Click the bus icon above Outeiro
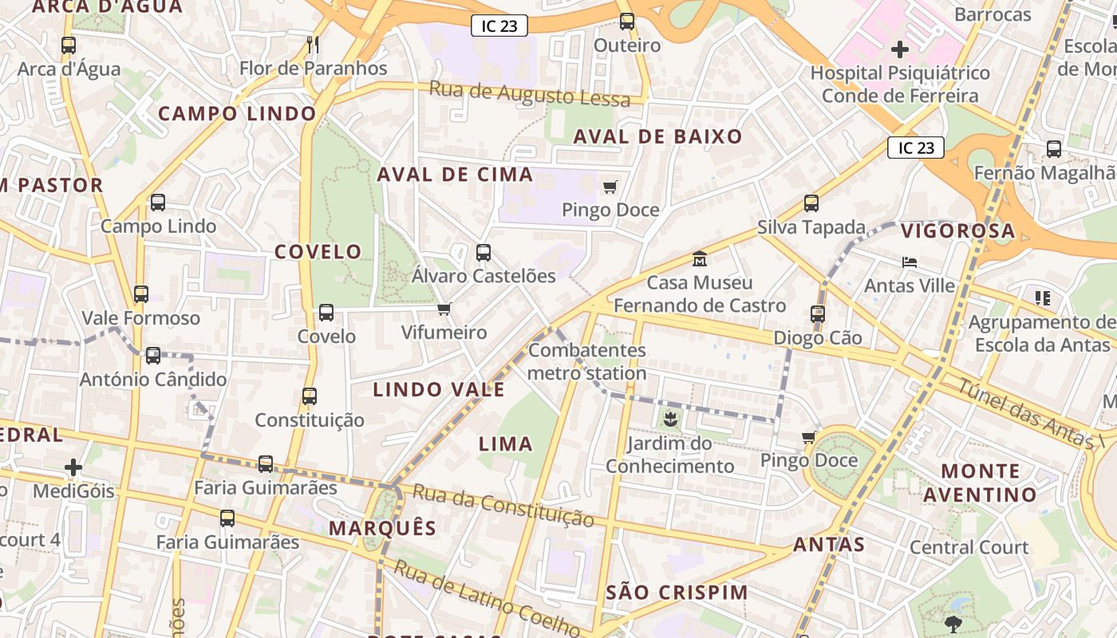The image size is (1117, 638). point(627,22)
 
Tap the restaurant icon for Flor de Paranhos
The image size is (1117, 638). point(313,44)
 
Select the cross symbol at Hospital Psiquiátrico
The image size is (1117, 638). point(899,49)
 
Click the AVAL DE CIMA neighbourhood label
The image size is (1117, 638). point(455,175)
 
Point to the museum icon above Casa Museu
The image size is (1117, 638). point(700,259)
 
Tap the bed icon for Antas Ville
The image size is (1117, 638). point(909,262)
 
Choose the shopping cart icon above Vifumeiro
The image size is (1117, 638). point(444,309)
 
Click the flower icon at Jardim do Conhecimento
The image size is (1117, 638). point(669,419)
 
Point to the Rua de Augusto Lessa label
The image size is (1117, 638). point(530,94)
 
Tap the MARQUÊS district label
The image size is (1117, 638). point(383,528)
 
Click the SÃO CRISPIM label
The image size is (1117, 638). point(677,593)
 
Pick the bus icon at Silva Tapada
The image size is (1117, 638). point(811,203)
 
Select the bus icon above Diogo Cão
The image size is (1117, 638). point(818,314)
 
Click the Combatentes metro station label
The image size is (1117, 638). point(587,362)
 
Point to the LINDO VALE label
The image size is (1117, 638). point(439,389)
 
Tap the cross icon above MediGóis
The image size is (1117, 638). point(73,467)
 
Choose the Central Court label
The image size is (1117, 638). point(969,547)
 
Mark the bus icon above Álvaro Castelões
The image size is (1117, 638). point(484,253)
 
